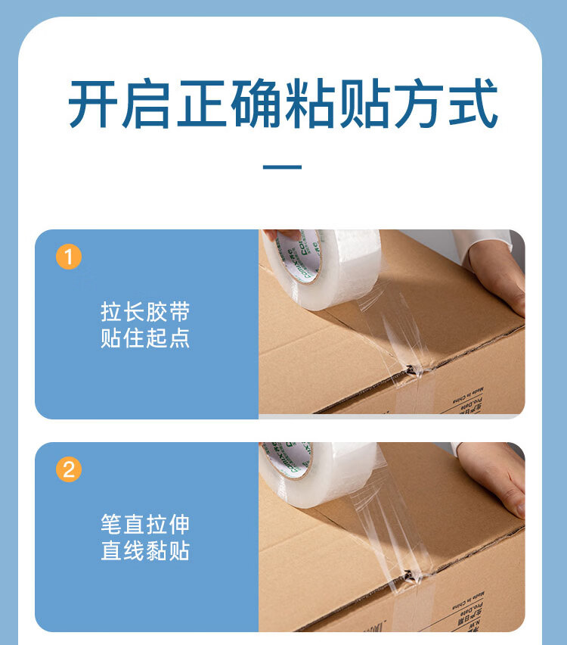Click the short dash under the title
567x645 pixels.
pyautogui.click(x=282, y=167)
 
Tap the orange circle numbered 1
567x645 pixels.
pyautogui.click(x=69, y=257)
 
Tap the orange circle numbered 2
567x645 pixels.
pyautogui.click(x=69, y=470)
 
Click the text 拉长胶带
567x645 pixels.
pyautogui.click(x=145, y=312)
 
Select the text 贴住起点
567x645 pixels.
pyautogui.click(x=145, y=338)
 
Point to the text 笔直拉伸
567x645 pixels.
pyautogui.click(x=145, y=525)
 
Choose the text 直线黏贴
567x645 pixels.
pyautogui.click(x=145, y=550)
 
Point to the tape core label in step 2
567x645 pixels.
pyautogui.click(x=287, y=459)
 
